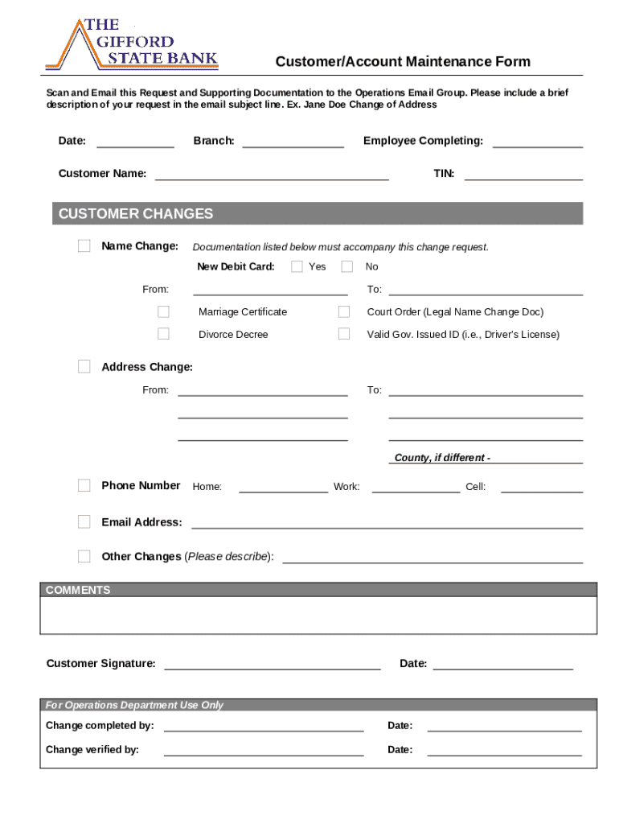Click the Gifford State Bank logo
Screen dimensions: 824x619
point(132,44)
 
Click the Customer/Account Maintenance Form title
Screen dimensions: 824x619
point(403,62)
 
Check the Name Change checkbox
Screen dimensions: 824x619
point(84,246)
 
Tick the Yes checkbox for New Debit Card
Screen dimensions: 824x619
point(297,266)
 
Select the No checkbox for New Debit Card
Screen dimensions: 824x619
point(347,266)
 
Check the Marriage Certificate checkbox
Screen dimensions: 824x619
point(164,311)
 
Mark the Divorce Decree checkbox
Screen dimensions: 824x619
point(164,334)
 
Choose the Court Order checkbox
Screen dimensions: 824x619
point(344,311)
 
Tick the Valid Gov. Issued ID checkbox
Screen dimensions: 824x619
point(344,334)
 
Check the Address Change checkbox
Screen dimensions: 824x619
point(84,367)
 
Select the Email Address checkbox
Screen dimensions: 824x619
point(84,522)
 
